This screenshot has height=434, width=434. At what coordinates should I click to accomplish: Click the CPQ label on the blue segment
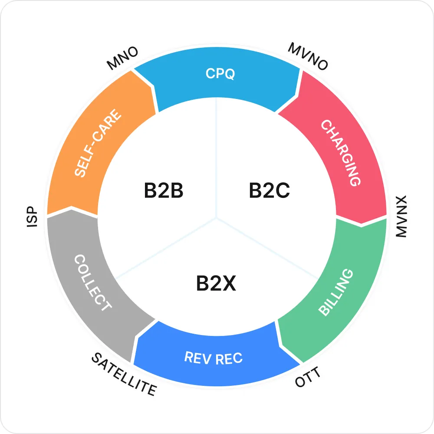click(220, 74)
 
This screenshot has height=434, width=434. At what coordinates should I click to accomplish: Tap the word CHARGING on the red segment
click(341, 153)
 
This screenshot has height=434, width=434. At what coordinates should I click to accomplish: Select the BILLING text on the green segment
click(336, 292)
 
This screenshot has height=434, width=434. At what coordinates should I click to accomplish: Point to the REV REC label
click(213, 358)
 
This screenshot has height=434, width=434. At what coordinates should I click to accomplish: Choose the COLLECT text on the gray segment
click(92, 283)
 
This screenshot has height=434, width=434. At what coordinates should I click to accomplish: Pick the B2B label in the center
click(164, 191)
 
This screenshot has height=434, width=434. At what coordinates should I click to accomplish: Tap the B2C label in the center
click(269, 191)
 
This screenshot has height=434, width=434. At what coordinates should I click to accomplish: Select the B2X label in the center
click(216, 284)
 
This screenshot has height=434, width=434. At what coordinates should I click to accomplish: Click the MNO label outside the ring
click(123, 58)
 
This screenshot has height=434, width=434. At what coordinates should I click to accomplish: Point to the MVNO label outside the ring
click(308, 56)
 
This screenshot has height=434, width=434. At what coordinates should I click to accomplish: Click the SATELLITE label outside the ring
click(124, 374)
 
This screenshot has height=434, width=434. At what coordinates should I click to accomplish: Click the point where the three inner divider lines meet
click(217, 217)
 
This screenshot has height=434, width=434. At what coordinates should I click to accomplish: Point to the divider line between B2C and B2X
click(269, 248)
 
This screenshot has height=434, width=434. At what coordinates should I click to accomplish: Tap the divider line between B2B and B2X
click(165, 247)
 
